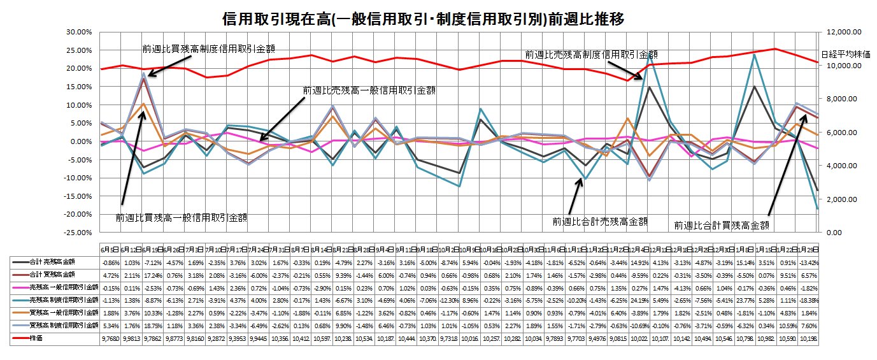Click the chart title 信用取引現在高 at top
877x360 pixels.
point(422,19)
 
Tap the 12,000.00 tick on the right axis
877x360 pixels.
point(845,32)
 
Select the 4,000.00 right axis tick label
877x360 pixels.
point(842,166)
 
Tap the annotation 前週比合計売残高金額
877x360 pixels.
point(600,222)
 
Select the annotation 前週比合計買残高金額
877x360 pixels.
point(722,225)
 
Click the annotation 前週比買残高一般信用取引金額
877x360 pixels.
point(182,218)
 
